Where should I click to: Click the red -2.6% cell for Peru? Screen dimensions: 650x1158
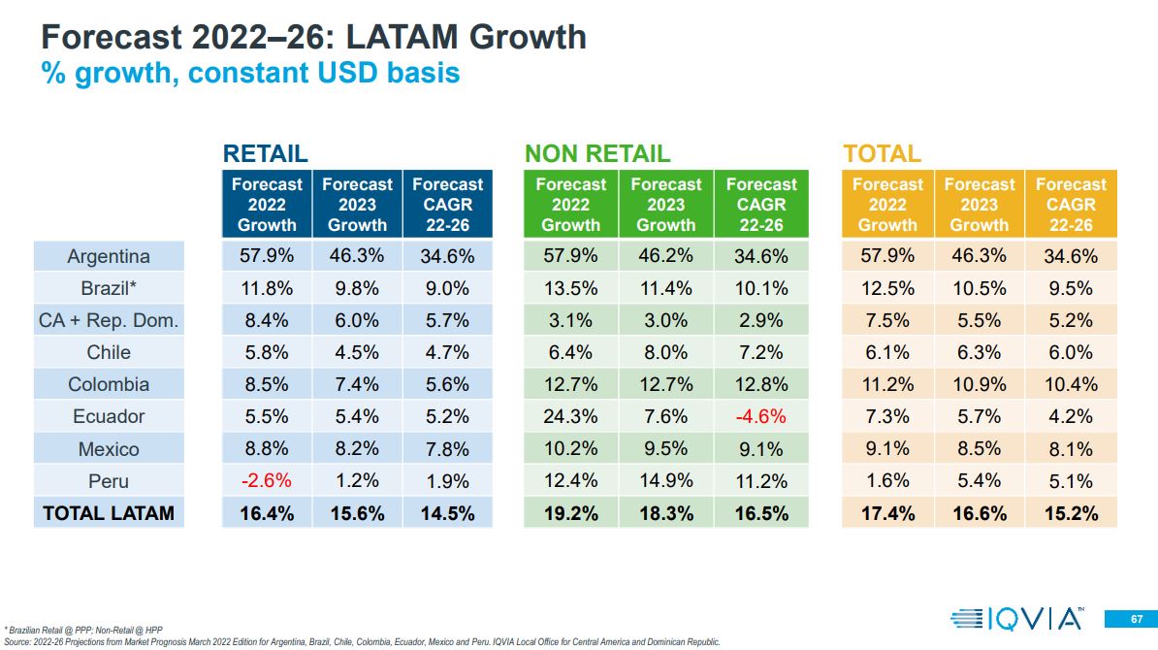267,481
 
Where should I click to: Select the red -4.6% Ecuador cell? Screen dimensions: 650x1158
761,417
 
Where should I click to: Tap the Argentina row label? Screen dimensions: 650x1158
109,257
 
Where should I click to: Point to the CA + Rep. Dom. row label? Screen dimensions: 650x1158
109,321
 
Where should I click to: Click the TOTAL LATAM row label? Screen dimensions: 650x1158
109,513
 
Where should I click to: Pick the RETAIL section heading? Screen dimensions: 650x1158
265,153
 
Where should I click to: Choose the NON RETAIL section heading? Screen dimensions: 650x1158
596,153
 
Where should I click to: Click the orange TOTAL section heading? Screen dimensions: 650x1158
882,153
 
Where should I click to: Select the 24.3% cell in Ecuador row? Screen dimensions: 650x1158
570,417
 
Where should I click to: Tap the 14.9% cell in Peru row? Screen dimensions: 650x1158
665,481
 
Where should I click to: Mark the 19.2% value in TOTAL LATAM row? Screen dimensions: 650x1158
570,513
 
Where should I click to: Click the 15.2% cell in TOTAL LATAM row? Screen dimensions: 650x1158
1071,513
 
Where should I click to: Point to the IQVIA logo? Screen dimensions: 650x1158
1016,618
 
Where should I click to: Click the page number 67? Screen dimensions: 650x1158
1136,619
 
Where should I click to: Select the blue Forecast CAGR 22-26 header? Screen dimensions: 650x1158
447,204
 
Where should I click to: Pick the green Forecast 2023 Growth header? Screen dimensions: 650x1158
665,204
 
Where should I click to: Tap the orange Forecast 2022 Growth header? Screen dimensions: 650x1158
887,204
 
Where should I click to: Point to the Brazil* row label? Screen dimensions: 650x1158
109,289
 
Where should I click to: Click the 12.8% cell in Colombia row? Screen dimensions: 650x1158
761,385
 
